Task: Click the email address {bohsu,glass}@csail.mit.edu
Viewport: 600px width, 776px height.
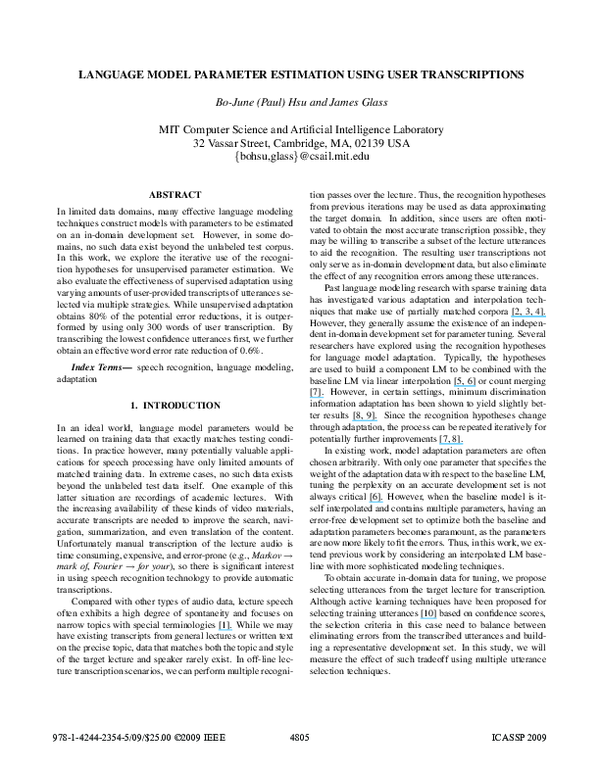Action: [x=300, y=157]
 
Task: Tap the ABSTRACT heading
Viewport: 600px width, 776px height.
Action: [x=175, y=194]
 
